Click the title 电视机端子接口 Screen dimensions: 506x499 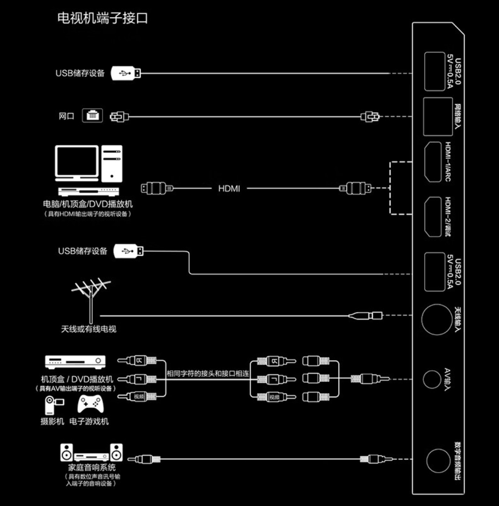coord(103,18)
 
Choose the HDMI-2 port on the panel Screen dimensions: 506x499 coord(432,217)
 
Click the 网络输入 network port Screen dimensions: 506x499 coord(438,116)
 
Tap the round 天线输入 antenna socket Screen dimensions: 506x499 coord(436,319)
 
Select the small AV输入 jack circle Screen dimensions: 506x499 coord(431,379)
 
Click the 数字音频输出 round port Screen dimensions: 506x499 coord(438,461)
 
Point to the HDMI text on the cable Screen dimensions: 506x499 coord(229,189)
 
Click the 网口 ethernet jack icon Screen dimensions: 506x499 coord(92,116)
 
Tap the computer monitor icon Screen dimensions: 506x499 coord(76,163)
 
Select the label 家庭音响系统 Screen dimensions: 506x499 coord(92,467)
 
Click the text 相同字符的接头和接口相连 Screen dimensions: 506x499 coord(208,373)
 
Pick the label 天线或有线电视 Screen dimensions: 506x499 coord(88,329)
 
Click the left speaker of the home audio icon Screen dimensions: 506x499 coord(67,452)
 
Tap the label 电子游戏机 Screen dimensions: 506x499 coord(89,421)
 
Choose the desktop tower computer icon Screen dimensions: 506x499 coord(112,163)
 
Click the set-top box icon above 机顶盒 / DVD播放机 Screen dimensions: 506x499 coord(75,361)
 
